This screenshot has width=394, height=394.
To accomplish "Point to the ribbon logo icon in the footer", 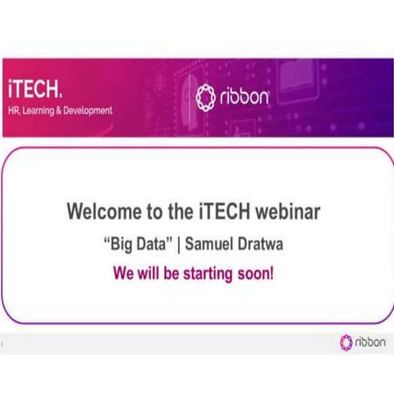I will [x=346, y=343].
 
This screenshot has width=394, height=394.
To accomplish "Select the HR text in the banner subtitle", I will [x=13, y=110].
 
